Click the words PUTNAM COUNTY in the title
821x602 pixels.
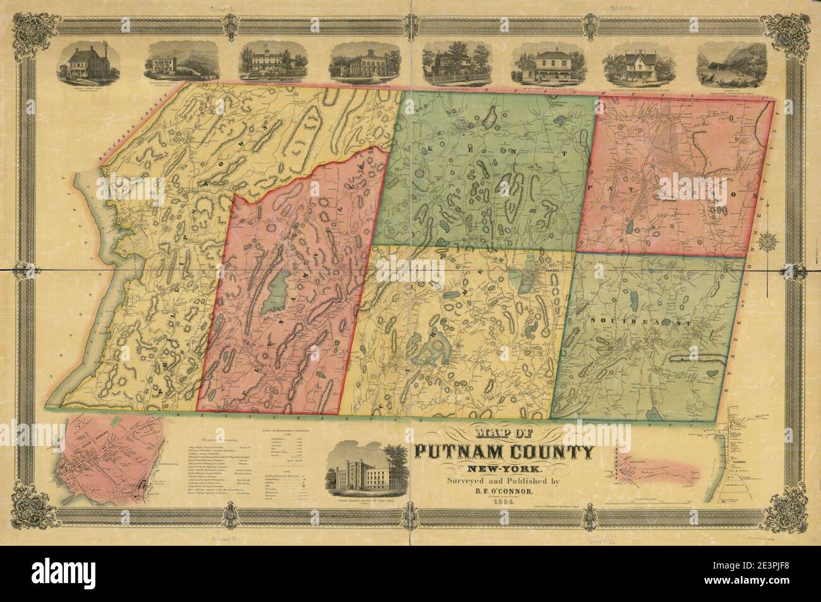(504, 452)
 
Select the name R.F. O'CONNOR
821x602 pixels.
(504, 490)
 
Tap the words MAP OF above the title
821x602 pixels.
(504, 433)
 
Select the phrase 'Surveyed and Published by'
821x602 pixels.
(504, 480)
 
